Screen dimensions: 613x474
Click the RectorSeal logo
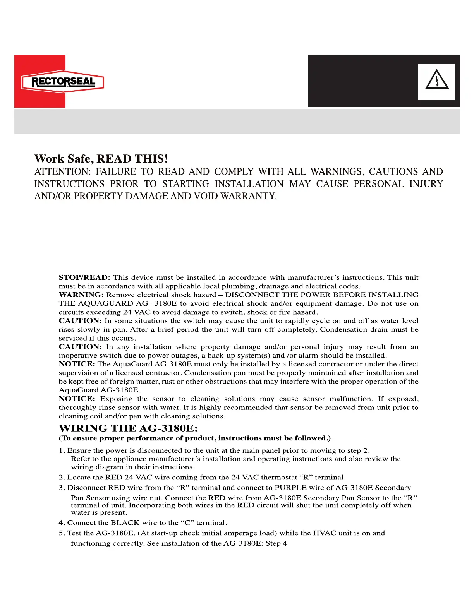[x=63, y=82]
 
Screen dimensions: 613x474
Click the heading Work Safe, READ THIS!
[x=101, y=159]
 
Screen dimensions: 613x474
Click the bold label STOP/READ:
[x=84, y=277]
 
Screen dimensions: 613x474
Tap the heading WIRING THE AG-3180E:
[x=128, y=428]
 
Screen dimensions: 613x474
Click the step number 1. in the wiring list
[x=62, y=450]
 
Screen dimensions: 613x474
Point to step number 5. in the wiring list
[x=62, y=533]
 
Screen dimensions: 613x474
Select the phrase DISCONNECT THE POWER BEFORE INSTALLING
[x=322, y=295]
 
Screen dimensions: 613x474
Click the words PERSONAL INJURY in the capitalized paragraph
[x=398, y=184]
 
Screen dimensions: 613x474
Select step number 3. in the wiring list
[x=62, y=488]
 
